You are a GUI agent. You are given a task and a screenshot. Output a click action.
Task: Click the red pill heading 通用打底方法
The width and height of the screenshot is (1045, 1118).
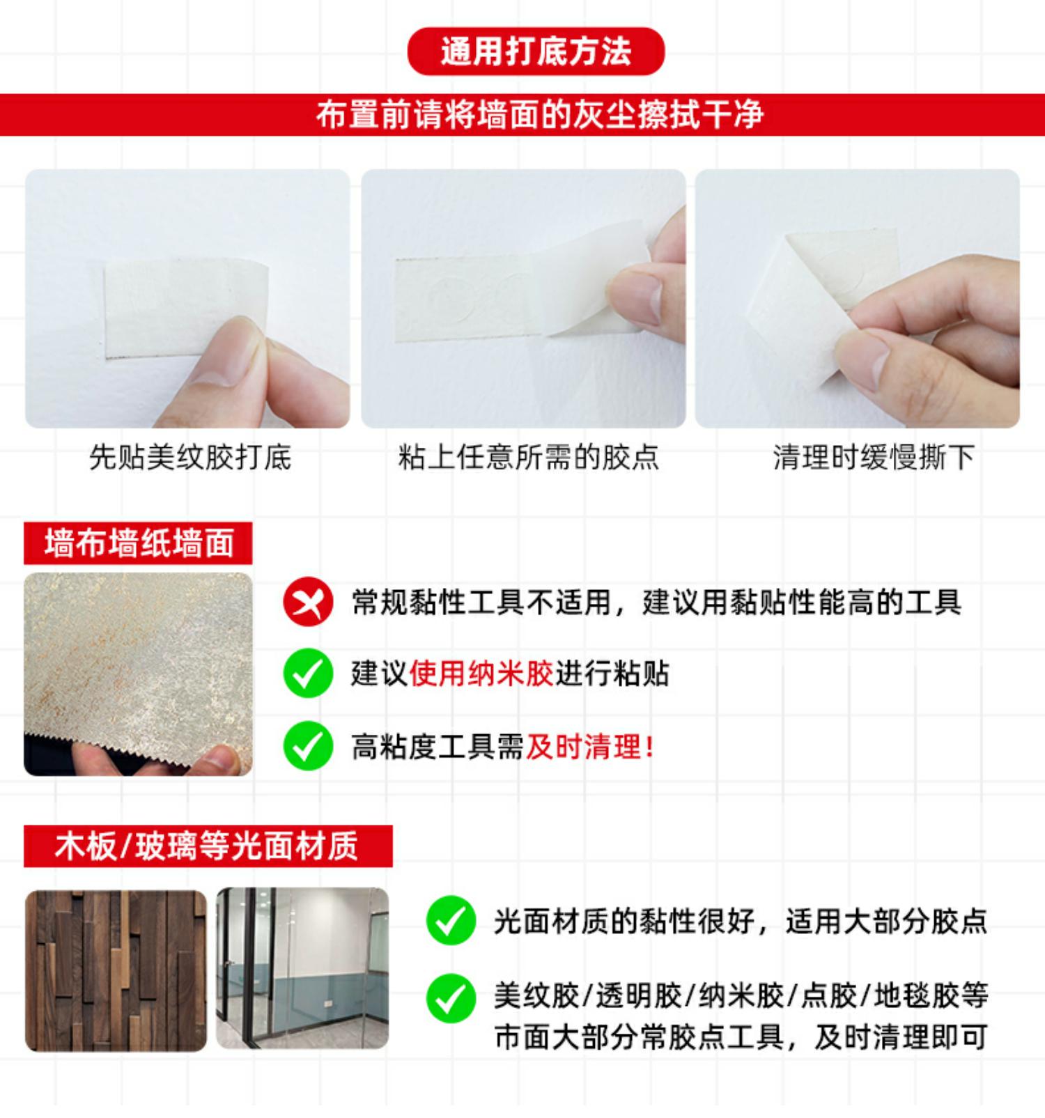536,52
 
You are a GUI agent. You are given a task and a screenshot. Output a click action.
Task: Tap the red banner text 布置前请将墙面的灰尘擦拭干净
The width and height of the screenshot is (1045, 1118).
540,115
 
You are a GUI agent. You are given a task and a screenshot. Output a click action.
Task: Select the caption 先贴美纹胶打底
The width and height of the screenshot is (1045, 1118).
190,458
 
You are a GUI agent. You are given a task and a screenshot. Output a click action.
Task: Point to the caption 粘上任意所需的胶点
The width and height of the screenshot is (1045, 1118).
528,458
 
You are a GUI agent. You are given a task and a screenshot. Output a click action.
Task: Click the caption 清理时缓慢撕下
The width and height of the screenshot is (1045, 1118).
874,458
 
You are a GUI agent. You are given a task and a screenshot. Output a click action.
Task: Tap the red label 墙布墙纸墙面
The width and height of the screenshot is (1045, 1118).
138,543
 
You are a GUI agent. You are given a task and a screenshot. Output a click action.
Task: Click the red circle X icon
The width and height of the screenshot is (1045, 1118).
308,602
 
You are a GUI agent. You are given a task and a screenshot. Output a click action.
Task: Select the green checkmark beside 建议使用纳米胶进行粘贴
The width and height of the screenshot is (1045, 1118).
308,673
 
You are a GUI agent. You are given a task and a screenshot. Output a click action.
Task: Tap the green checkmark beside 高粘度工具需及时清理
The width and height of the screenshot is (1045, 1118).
308,746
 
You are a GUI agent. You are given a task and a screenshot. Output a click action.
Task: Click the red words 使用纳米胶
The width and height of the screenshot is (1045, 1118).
481,674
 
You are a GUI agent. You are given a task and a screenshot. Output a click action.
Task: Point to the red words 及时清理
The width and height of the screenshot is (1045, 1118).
583,747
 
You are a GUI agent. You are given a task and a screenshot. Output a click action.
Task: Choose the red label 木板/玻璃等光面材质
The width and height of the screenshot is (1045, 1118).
208,846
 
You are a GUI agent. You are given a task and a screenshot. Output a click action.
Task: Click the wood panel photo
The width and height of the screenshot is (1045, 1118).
116,970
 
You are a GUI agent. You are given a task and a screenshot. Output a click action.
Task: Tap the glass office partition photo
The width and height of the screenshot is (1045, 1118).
302,968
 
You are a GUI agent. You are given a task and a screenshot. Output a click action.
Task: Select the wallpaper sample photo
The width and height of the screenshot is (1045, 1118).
138,674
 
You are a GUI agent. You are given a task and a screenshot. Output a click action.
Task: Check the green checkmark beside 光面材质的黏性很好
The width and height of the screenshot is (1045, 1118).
451,920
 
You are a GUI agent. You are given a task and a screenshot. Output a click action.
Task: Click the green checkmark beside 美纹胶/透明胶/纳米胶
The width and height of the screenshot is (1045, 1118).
451,998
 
